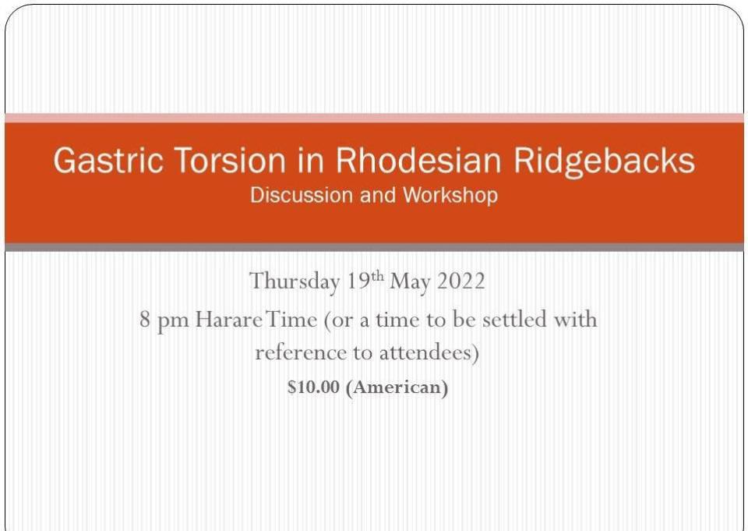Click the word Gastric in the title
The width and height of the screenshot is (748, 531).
108,160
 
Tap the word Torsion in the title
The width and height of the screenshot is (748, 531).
231,160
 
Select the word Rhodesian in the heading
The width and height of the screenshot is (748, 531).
418,160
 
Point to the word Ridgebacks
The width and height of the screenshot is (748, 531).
604,161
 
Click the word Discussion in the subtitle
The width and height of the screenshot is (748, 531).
302,195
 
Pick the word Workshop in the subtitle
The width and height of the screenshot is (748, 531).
450,196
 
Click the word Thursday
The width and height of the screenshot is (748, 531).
295,281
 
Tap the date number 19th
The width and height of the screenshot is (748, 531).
365,280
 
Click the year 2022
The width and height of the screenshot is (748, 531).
460,281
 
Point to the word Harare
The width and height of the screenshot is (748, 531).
228,319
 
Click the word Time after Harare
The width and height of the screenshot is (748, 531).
291,319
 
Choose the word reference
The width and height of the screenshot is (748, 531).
301,353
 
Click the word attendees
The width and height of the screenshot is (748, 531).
429,353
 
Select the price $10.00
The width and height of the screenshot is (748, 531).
313,387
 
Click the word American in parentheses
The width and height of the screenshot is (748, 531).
397,388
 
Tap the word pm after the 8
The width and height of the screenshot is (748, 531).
173,321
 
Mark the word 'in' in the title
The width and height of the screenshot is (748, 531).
312,160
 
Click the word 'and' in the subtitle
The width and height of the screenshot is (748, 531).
378,195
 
